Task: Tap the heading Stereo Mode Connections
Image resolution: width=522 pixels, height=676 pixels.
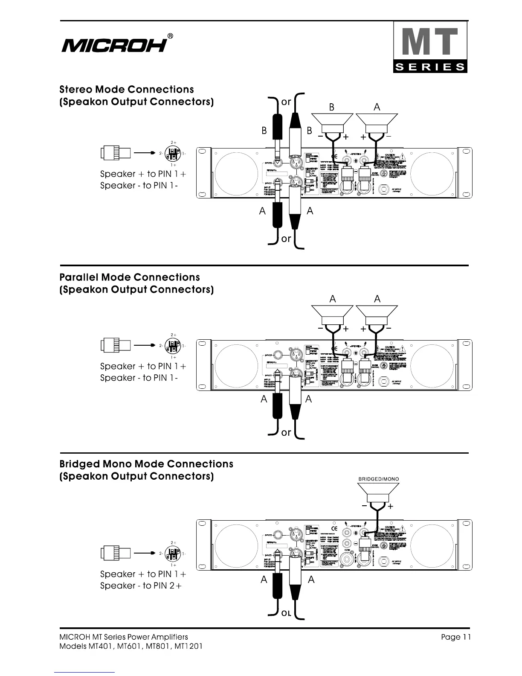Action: [127, 90]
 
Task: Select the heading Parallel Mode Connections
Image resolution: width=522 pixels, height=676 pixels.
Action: [130, 277]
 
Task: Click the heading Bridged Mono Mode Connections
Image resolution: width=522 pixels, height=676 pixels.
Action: [146, 464]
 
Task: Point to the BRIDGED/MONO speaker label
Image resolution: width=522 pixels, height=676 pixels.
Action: [378, 479]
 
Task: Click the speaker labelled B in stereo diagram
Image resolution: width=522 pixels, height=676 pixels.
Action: [332, 122]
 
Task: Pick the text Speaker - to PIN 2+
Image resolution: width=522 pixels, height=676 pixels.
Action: [141, 586]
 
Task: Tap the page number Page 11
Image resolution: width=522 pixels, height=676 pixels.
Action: [456, 637]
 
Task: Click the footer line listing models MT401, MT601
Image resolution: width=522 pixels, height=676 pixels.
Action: [131, 646]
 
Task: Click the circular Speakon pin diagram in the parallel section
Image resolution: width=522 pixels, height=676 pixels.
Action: [172, 345]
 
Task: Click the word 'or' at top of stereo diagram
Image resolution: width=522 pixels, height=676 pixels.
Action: [286, 102]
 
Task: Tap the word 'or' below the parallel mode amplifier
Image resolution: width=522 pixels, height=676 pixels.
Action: [286, 432]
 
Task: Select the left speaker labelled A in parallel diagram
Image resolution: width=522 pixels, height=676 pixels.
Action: [332, 314]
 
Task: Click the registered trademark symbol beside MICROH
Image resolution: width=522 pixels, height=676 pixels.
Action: [170, 36]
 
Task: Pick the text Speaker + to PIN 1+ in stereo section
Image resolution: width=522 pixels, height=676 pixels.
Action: [143, 174]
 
